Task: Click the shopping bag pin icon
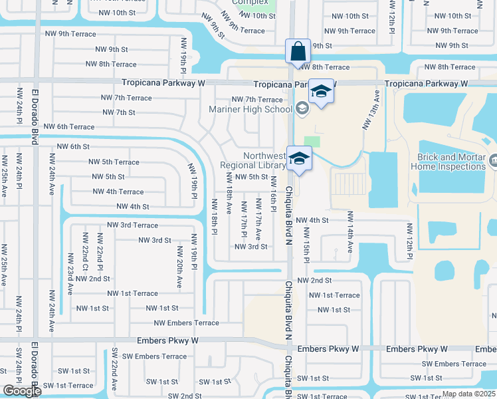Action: tap(296, 51)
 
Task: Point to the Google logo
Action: tap(22, 391)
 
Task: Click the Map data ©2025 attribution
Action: tap(468, 394)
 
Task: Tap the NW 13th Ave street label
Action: tap(371, 110)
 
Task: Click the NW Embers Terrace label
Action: tap(186, 323)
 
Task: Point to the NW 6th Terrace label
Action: tap(69, 127)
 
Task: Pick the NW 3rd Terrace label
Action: tap(133, 225)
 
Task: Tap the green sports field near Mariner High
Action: tap(311, 141)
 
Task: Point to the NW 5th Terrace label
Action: tap(114, 162)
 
